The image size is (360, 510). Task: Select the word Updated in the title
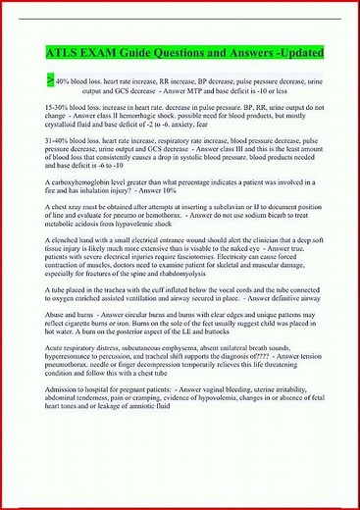click(x=293, y=51)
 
